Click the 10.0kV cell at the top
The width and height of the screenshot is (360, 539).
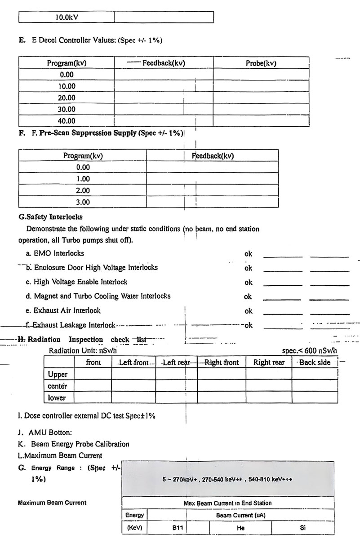coord(67,18)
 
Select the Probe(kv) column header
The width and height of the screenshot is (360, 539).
coord(261,63)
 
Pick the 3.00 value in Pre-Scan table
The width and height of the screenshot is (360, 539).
coord(83,202)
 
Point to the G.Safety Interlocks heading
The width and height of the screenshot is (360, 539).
coord(50,217)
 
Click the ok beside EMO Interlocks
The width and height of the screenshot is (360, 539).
coord(248,254)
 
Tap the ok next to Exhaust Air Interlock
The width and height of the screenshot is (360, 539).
coord(248,311)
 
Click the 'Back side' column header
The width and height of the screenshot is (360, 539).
coord(315,362)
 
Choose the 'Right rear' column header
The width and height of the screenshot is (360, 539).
coord(269,362)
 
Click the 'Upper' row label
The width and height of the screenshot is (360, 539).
coord(58,374)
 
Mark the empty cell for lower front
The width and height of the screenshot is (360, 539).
coord(93,398)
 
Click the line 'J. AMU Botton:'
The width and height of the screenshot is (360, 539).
coord(45,433)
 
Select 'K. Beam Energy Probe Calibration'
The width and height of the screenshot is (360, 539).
coord(74,444)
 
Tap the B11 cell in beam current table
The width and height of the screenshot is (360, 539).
coord(178,528)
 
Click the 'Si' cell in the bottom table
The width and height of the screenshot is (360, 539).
coord(302,528)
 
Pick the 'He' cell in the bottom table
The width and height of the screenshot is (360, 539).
coord(240,528)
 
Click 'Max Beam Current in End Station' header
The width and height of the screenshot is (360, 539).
coord(227,503)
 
